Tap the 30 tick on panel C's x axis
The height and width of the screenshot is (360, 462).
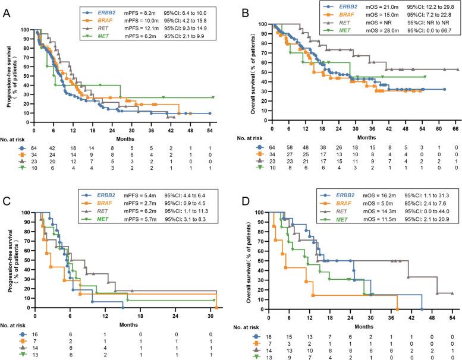coord(210,314)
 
